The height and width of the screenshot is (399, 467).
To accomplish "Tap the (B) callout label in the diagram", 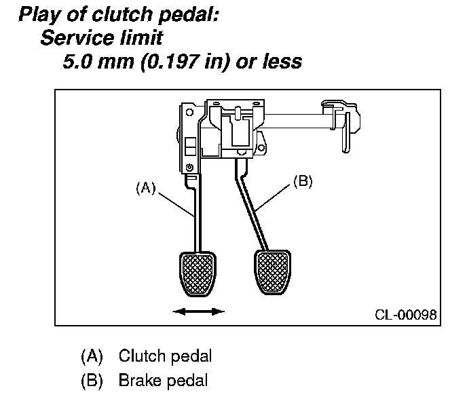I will click(302, 181).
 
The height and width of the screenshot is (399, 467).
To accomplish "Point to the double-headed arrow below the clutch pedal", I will click(198, 311).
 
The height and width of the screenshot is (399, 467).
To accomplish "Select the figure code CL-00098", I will click(405, 316).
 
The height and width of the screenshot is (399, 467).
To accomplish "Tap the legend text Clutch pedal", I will click(165, 356).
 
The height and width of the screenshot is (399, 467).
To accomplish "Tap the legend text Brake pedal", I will click(163, 381).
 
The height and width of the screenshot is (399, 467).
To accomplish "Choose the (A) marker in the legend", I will click(91, 356).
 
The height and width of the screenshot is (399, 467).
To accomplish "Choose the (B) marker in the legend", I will click(91, 381).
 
